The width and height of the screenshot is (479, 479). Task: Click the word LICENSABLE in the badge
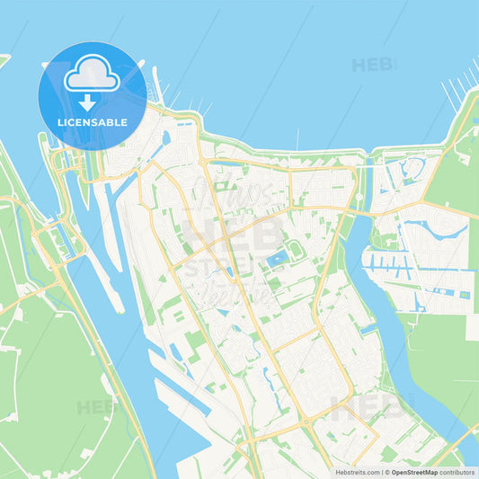pyautogui.click(x=93, y=122)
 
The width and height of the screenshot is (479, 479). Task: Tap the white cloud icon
pyautogui.click(x=92, y=75)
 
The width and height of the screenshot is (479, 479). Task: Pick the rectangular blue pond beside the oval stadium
pyautogui.click(x=278, y=260)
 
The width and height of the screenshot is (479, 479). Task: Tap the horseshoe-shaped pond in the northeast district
pyautogui.click(x=414, y=168)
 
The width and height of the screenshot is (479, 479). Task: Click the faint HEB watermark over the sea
pyautogui.click(x=373, y=66)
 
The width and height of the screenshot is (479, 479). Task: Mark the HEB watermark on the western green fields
pyautogui.click(x=96, y=407)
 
